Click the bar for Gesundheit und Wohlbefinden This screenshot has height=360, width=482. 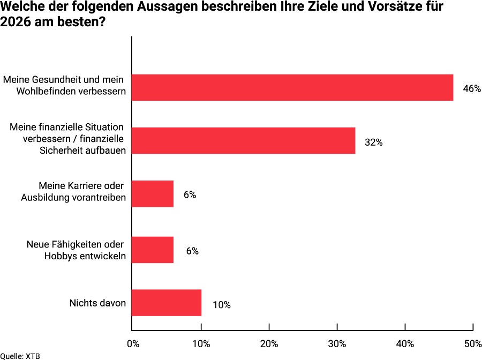click(x=292, y=87)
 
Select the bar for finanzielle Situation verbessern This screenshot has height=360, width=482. click(x=243, y=141)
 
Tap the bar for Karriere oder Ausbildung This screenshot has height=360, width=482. click(x=153, y=194)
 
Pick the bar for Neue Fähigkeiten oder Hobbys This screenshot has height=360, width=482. click(x=153, y=250)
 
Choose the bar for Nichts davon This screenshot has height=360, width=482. click(x=166, y=303)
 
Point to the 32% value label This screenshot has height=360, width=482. click(x=373, y=142)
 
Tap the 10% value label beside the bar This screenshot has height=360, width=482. click(x=221, y=305)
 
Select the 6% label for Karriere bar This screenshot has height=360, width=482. click(x=190, y=195)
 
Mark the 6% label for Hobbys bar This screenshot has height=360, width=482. click(x=192, y=251)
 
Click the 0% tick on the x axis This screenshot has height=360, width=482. click(x=132, y=343)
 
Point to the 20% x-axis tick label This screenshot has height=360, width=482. click(x=269, y=343)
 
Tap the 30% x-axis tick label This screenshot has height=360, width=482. click(x=337, y=343)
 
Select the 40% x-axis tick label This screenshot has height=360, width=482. click(x=405, y=343)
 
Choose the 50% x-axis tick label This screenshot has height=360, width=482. click(x=473, y=343)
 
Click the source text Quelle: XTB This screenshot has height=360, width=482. click(x=20, y=356)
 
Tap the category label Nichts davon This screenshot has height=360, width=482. click(x=97, y=303)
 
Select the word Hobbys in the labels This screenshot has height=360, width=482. click(x=61, y=256)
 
